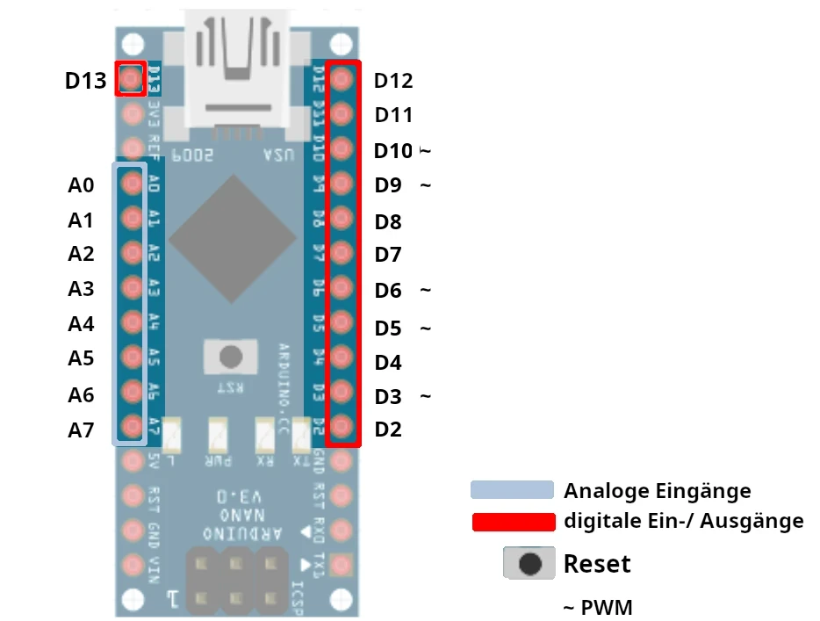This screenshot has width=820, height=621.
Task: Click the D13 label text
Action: [x=85, y=81]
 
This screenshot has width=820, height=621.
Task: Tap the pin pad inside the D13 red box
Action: [x=131, y=80]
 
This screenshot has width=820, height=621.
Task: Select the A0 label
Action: [x=81, y=185]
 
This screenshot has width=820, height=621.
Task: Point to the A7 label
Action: [x=81, y=430]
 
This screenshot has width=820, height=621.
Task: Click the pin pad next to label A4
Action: [x=132, y=321]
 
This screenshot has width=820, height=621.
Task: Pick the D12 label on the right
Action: [x=392, y=81]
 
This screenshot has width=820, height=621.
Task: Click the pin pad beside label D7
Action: [x=342, y=254]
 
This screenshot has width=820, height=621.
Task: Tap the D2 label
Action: [x=387, y=430]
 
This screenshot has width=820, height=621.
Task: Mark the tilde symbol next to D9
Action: [x=425, y=185]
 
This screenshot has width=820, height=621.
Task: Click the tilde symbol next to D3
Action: [x=425, y=396]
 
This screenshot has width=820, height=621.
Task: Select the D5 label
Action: [x=387, y=329]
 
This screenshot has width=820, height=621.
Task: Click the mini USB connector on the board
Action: [x=236, y=70]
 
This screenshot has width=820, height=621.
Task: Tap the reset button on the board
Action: [x=231, y=357]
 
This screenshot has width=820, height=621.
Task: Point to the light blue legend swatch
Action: [x=512, y=490]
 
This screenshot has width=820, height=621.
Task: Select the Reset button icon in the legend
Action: [x=529, y=563]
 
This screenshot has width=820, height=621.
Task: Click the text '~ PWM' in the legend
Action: [x=597, y=607]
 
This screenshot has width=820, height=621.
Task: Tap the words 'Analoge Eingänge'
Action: [x=657, y=491]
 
